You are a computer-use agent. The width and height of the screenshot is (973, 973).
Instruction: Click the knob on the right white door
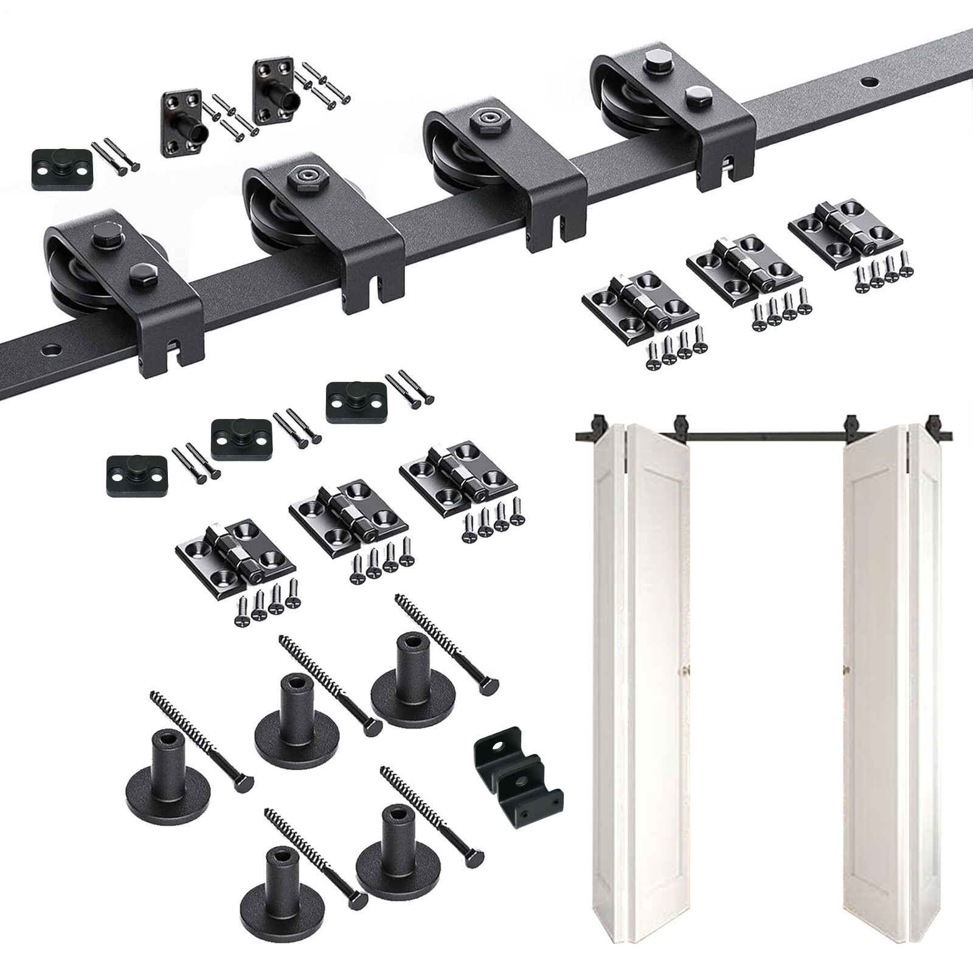coord(845,670)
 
